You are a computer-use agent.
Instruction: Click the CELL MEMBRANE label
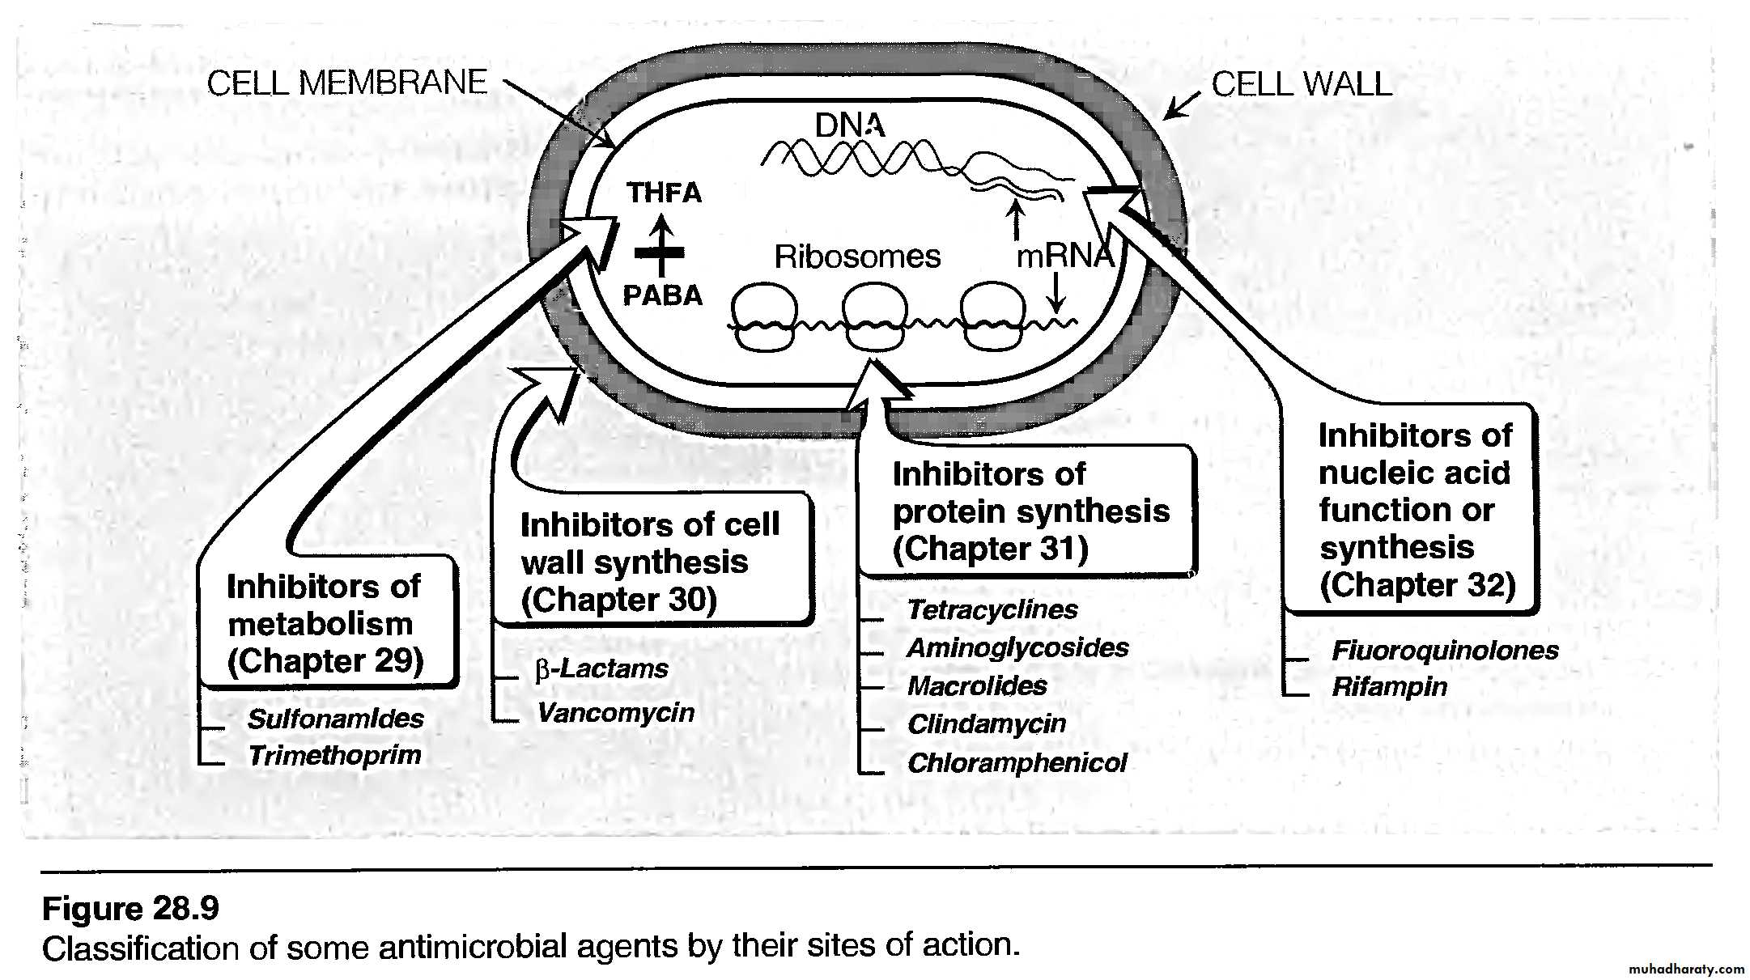[x=346, y=83]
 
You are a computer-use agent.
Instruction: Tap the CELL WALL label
[x=1301, y=84]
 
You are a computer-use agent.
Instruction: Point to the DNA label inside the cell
[x=849, y=125]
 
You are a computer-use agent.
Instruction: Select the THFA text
[x=664, y=193]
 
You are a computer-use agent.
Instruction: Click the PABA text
[x=662, y=295]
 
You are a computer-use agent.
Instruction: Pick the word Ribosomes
[x=856, y=257]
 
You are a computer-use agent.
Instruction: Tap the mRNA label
[x=1064, y=256]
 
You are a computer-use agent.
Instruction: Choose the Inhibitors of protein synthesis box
[x=1029, y=511]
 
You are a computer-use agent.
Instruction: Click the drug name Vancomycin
[x=615, y=712]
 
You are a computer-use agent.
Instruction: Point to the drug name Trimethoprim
[x=334, y=755]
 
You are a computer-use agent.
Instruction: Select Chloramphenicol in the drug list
[x=1017, y=762]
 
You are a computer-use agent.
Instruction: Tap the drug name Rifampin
[x=1389, y=687]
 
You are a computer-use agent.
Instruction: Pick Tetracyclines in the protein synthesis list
[x=992, y=609]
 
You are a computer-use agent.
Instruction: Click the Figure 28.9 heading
[x=130, y=909]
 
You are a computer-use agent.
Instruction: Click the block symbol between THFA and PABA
[x=660, y=252]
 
